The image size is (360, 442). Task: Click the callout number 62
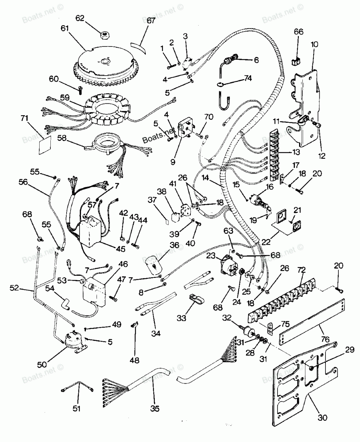click(x=80, y=18)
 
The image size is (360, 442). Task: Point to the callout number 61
click(x=65, y=28)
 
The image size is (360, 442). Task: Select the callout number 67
click(x=151, y=21)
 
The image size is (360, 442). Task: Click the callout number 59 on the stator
click(x=65, y=98)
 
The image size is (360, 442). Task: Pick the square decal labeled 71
click(x=45, y=144)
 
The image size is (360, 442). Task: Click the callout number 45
click(x=121, y=249)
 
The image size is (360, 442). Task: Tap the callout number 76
click(x=325, y=339)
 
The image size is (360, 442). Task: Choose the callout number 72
click(x=301, y=270)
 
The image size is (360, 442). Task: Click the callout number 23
click(x=211, y=256)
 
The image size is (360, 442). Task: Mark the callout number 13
click(x=296, y=152)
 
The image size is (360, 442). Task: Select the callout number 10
click(x=314, y=44)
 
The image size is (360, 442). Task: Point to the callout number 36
click(x=174, y=245)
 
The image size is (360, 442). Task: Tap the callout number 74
click(x=248, y=78)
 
